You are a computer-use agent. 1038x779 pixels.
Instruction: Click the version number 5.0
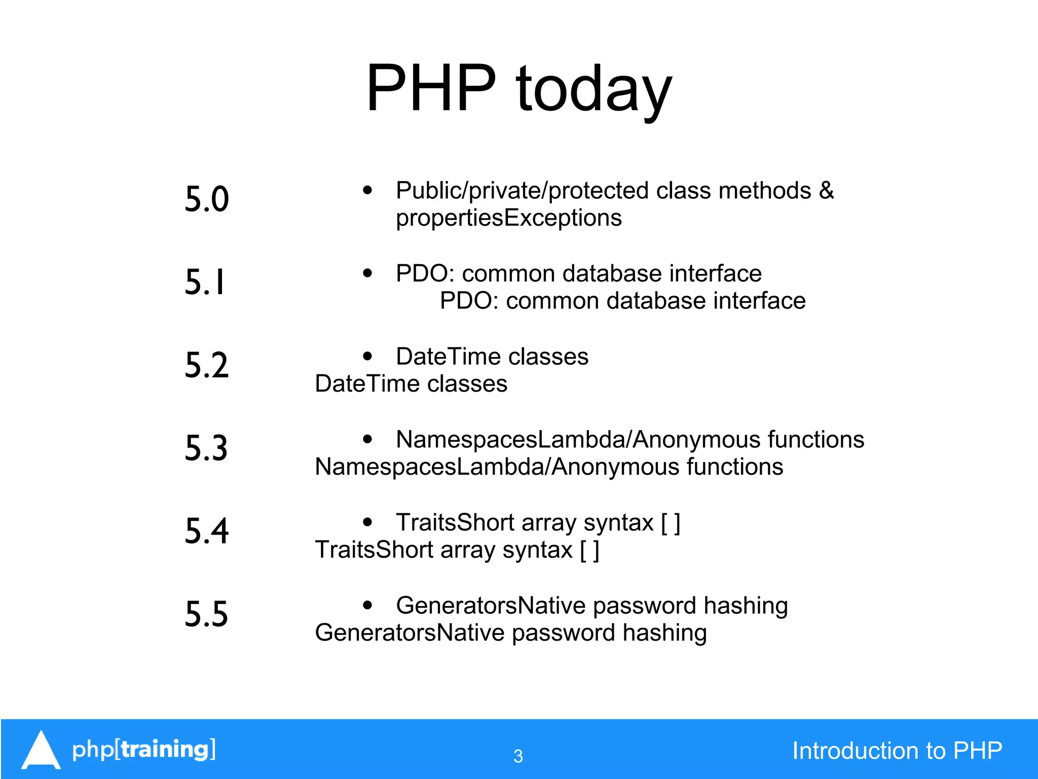(x=207, y=199)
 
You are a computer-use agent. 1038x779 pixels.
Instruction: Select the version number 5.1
(x=205, y=282)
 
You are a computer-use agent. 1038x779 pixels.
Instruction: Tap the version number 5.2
(x=207, y=365)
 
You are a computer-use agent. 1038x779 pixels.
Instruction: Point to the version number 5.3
(x=206, y=448)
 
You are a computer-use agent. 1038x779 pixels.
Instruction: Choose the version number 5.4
(x=207, y=531)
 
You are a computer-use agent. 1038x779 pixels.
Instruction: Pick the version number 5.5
(x=206, y=614)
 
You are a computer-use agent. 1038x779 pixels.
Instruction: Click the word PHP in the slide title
(x=431, y=88)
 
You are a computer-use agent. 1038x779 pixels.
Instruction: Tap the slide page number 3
(x=518, y=756)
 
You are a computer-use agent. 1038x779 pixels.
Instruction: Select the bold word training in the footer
(x=165, y=749)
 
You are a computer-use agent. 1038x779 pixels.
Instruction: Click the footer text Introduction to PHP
(x=897, y=751)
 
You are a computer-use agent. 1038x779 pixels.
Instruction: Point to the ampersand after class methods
(x=826, y=191)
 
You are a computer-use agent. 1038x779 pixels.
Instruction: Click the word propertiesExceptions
(x=508, y=218)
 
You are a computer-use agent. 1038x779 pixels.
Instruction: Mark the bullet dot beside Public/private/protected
(x=367, y=191)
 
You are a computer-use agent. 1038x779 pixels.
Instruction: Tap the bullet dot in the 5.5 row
(x=367, y=605)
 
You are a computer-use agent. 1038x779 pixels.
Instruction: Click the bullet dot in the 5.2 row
(x=367, y=356)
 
